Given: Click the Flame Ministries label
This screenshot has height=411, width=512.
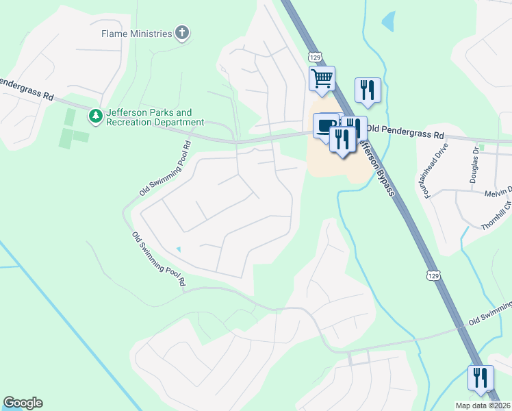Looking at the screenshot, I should click(136, 33).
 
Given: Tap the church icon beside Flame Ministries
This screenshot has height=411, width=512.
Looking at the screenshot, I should click(182, 33).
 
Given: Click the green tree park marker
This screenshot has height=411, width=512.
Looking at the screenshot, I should click(96, 116).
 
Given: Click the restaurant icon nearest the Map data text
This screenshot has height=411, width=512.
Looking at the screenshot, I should click(480, 377).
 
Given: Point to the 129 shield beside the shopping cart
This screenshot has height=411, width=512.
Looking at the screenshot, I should click(313, 56).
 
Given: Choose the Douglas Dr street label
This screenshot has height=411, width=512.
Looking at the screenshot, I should click(474, 164).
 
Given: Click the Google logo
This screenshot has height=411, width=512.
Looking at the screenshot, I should click(23, 403).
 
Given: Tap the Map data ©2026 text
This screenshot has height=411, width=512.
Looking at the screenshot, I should click(483, 406).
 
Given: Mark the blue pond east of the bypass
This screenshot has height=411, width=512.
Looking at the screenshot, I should click(388, 22).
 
